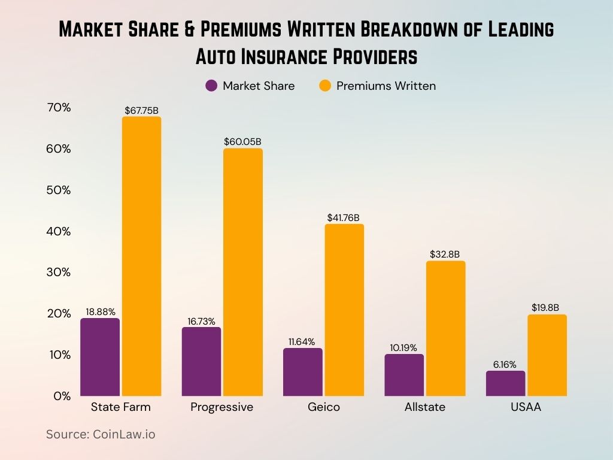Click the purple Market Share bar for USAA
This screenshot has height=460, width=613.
[x=505, y=383]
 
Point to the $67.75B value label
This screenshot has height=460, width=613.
[x=141, y=110]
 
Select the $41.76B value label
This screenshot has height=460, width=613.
[x=344, y=218]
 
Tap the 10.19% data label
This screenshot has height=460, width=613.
[x=404, y=347]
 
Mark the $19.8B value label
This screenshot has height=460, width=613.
[x=547, y=308]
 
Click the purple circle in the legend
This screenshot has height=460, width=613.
[x=211, y=86]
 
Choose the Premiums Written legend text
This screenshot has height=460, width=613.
[x=386, y=86]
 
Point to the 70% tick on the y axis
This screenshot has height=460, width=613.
[x=59, y=108]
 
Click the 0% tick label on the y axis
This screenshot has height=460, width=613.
[x=62, y=396]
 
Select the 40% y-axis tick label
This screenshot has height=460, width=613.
[x=59, y=231]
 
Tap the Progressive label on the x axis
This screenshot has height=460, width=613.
[x=221, y=407]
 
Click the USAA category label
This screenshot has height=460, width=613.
[x=526, y=407]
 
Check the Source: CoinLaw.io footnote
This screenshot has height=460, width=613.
[x=101, y=434]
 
